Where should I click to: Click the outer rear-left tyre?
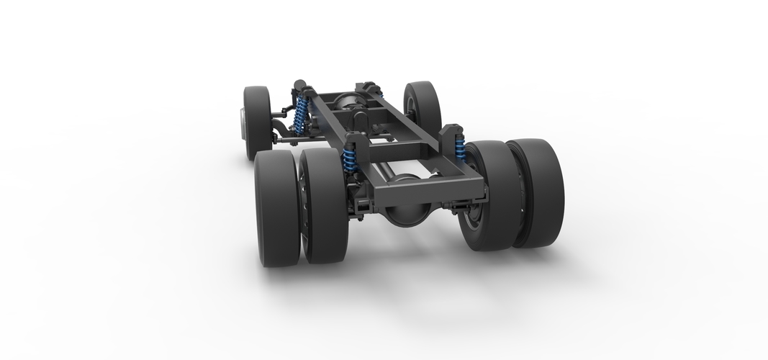276,209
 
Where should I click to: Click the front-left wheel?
257,122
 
